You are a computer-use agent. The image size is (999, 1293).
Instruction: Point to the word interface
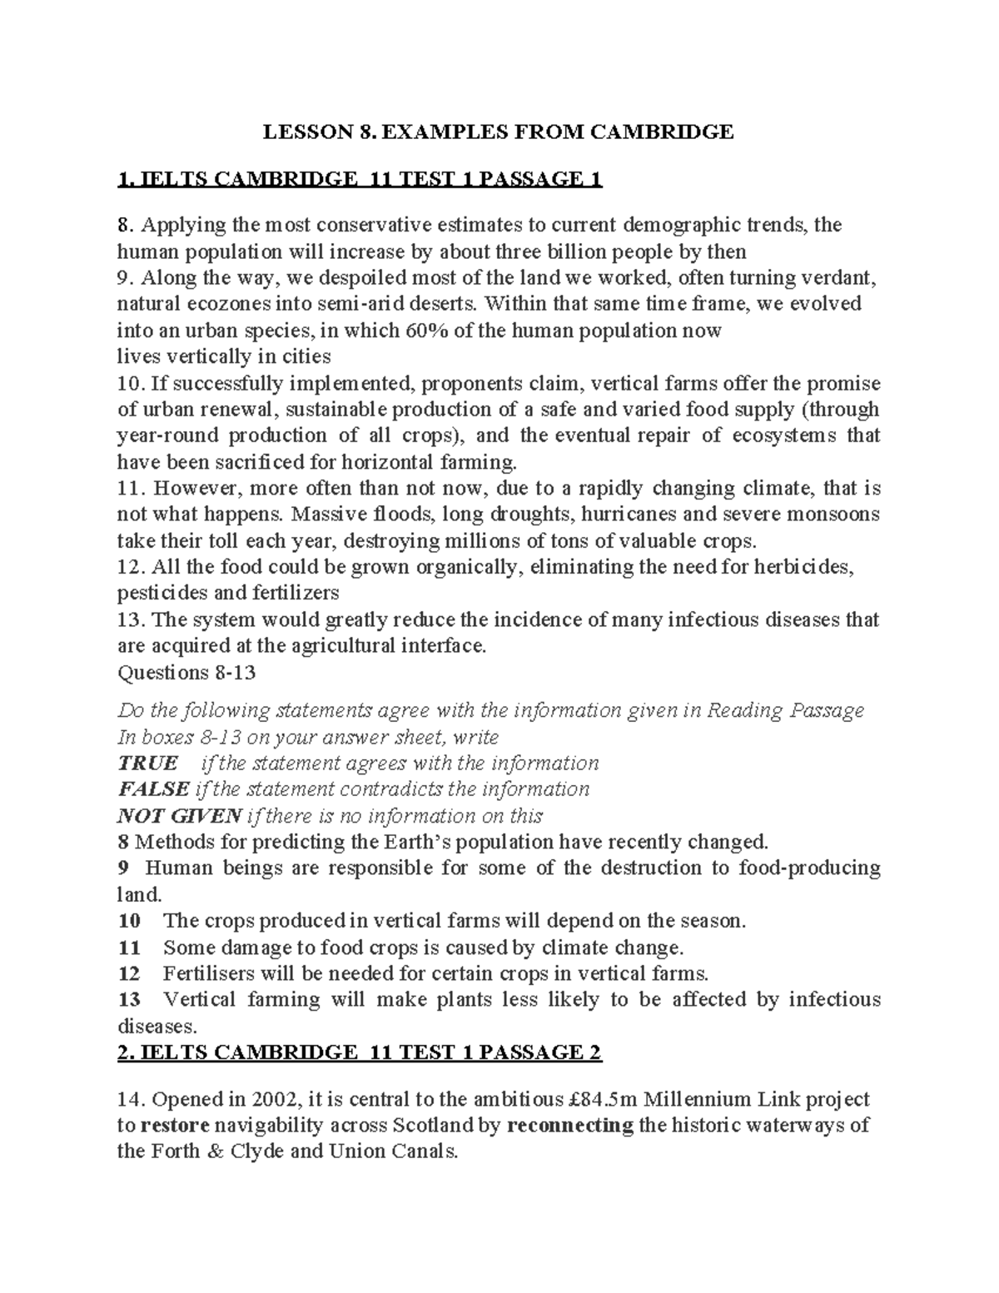pyautogui.click(x=442, y=645)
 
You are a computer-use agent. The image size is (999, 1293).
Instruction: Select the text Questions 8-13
pyautogui.click(x=186, y=672)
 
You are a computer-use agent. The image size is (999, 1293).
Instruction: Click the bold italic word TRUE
pyautogui.click(x=148, y=763)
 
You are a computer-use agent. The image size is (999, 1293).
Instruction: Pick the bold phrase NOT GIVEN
pyautogui.click(x=179, y=815)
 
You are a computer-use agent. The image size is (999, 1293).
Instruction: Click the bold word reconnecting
pyautogui.click(x=569, y=1126)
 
